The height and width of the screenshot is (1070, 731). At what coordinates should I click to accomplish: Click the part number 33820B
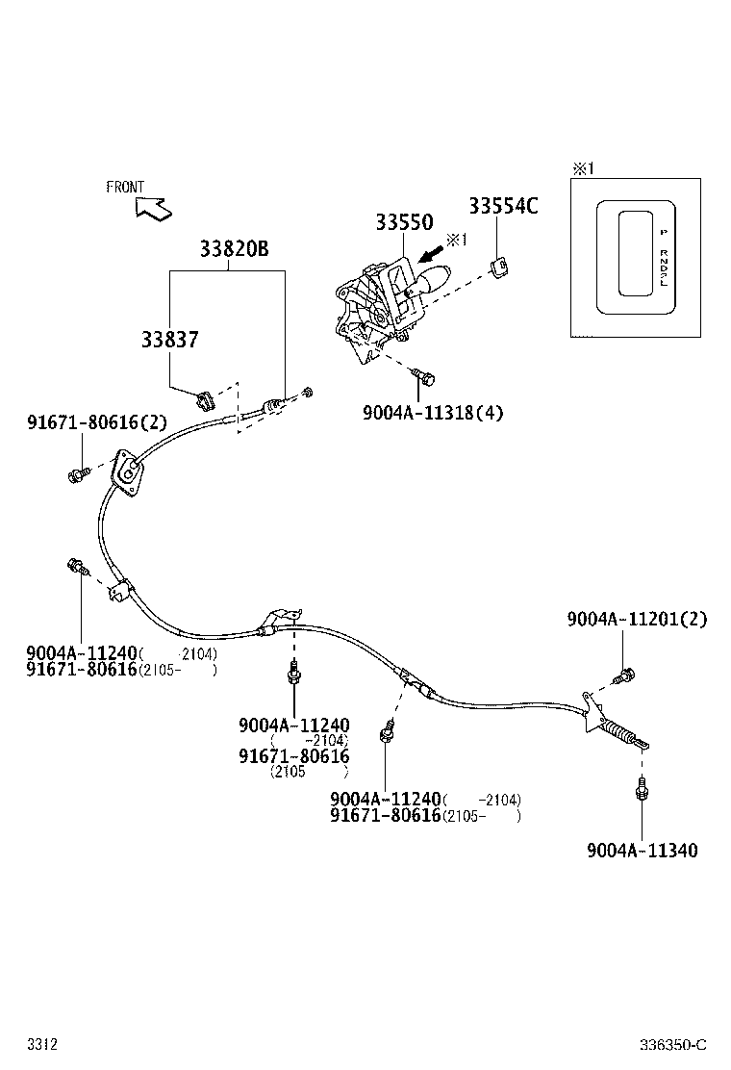tap(234, 249)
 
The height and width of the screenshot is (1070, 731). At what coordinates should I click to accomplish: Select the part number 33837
tap(169, 340)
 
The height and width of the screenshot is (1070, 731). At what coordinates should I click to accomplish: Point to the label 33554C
tap(503, 205)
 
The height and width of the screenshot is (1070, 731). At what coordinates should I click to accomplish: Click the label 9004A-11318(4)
tap(433, 413)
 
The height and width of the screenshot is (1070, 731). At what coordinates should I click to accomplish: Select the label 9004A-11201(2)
tap(636, 620)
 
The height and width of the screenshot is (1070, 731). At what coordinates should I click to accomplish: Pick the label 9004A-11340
tap(642, 850)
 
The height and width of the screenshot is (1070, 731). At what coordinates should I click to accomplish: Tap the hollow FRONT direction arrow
tap(151, 206)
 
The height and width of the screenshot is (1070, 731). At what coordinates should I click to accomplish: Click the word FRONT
tap(125, 188)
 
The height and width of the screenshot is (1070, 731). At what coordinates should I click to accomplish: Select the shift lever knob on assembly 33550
tap(438, 280)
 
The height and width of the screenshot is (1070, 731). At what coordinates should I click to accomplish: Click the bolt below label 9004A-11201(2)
tap(625, 675)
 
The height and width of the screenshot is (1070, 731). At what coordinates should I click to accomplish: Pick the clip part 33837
tap(203, 398)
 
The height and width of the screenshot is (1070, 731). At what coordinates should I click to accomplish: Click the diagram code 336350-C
tap(674, 1045)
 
